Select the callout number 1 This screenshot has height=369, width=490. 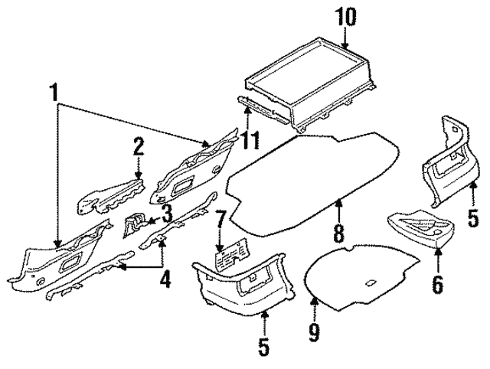54,95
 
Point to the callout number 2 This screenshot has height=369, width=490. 138,146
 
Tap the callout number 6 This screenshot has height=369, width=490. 437,284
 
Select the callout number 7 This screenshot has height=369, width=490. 219,224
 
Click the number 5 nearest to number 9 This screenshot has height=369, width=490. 263,347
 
